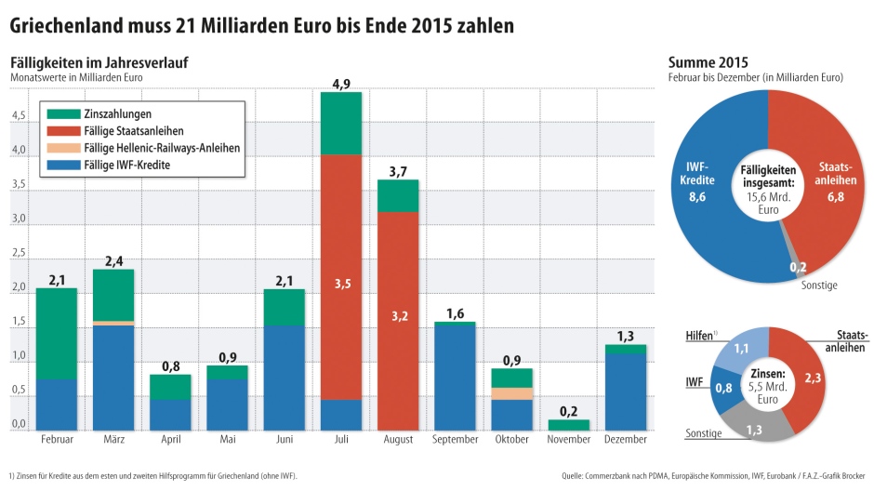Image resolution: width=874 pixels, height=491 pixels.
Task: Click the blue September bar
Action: pos(454,377)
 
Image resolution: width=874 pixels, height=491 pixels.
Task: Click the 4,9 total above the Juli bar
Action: pos(340,85)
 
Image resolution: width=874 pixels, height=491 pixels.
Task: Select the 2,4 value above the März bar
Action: pos(113,261)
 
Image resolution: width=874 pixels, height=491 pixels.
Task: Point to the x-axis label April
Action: pos(170,440)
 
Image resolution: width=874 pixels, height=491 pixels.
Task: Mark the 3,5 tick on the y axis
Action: pos(19,184)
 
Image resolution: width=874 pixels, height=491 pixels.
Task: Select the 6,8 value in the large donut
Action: pos(821,198)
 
